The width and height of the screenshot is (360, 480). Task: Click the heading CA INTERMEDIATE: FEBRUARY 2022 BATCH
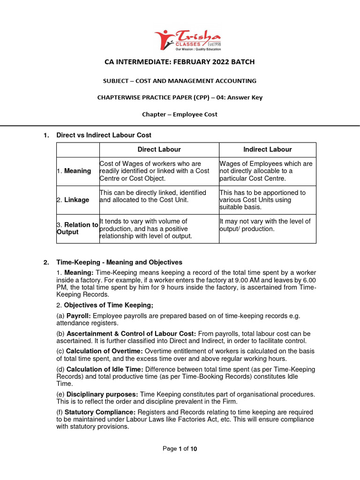[x=180, y=62]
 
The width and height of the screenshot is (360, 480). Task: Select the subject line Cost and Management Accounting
[x=180, y=81]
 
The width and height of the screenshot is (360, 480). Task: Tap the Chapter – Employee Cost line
[x=180, y=114]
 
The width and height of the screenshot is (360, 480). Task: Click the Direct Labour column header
[x=159, y=150]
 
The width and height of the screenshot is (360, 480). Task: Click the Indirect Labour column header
[x=267, y=150]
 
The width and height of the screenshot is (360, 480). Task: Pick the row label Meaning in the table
[x=77, y=171]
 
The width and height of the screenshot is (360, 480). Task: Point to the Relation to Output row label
[x=77, y=228]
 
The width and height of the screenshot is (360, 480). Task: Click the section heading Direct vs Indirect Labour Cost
[x=104, y=135]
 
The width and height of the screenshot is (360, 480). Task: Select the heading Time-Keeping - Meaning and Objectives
[x=119, y=262]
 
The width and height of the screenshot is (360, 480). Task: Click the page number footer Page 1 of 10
[x=180, y=449]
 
